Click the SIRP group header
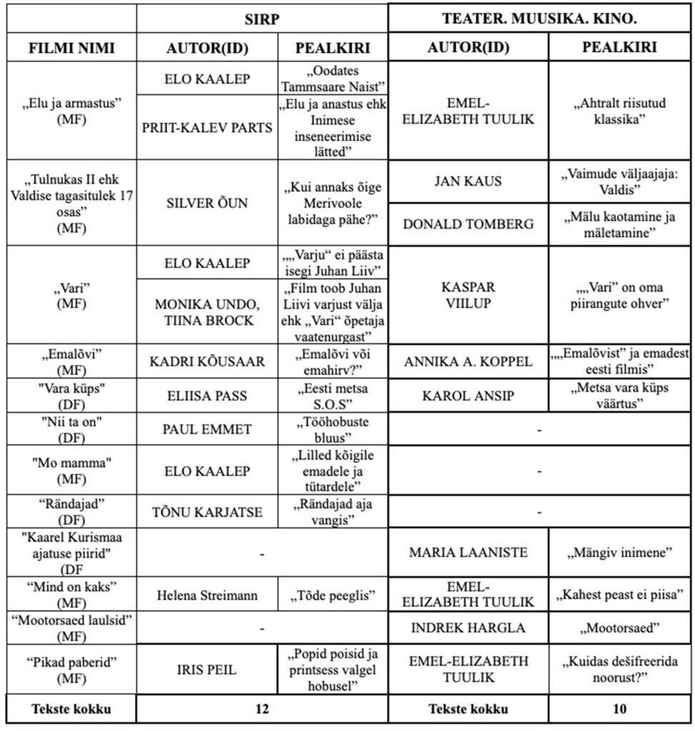click(262, 18)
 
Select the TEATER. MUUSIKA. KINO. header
click(540, 18)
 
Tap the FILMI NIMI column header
click(71, 48)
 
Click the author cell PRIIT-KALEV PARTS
click(207, 128)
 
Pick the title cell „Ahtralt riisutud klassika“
click(620, 111)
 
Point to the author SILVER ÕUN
click(207, 203)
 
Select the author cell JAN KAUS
click(468, 181)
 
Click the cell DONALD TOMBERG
click(468, 224)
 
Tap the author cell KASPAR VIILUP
click(468, 295)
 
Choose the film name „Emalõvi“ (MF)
click(71, 361)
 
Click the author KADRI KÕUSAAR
click(207, 361)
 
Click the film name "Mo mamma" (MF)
click(71, 470)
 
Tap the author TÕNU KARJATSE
click(207, 511)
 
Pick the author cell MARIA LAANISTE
click(468, 552)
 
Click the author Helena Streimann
click(207, 594)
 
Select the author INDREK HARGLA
click(468, 628)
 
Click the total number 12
click(262, 710)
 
